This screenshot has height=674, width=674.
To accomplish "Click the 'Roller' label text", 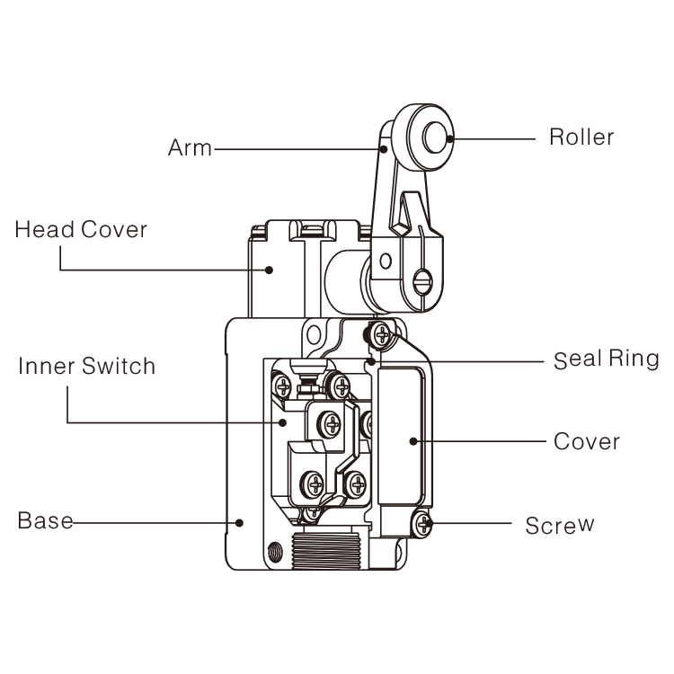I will [x=581, y=137].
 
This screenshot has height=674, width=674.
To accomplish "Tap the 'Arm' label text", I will [x=190, y=147].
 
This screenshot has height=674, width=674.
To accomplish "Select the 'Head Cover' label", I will [x=81, y=230].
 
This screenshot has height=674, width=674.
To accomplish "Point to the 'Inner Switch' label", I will [x=87, y=367].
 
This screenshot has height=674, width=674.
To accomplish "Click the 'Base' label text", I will [x=45, y=521].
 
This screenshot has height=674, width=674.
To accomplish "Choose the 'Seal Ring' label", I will [x=606, y=360].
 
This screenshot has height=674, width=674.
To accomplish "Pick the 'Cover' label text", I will [x=586, y=441].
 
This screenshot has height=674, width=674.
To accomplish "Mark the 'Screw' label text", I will [x=560, y=525].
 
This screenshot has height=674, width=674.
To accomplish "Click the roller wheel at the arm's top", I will [x=427, y=137].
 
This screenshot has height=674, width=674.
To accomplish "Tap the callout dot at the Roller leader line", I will [x=452, y=137].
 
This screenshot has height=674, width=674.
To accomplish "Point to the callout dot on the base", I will [x=240, y=521].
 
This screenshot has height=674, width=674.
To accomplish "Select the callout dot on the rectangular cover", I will [x=412, y=440].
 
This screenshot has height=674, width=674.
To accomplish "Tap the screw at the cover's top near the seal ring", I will [x=382, y=334].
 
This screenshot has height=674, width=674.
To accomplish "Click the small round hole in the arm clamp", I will [x=386, y=262].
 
